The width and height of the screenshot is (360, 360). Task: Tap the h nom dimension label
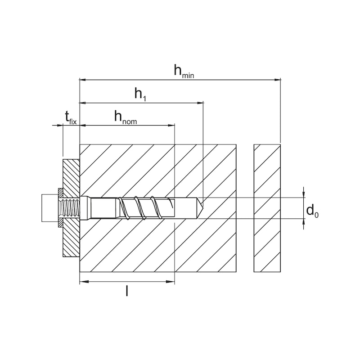click(x=125, y=118)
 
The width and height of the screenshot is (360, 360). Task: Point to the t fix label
click(x=71, y=118)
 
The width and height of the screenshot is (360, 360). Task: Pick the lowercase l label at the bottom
click(x=127, y=291)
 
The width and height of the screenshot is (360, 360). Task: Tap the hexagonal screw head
click(x=49, y=207)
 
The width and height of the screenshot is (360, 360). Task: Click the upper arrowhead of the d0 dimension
click(x=304, y=194)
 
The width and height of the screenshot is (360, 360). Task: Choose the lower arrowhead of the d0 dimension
click(x=304, y=222)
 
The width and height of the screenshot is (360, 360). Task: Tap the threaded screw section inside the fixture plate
click(x=71, y=208)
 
